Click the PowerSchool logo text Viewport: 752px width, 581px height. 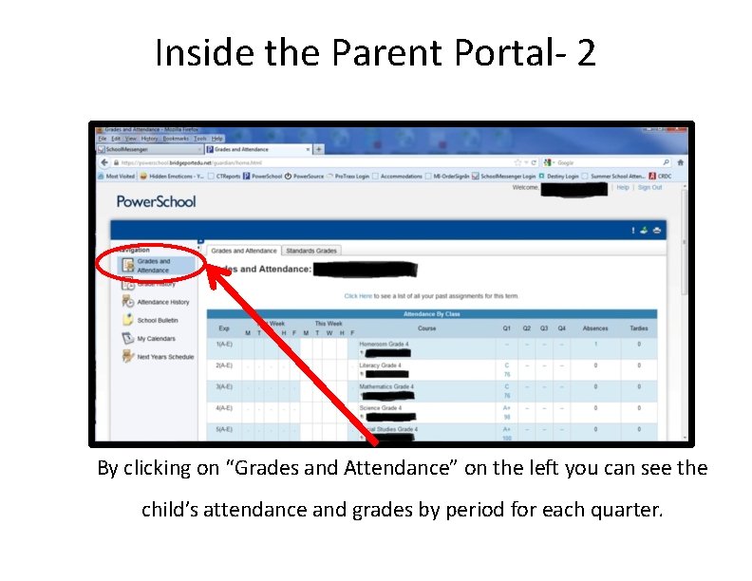156,201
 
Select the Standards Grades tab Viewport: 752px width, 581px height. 311,251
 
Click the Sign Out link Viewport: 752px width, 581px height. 649,188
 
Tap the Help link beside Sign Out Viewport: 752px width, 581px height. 623,188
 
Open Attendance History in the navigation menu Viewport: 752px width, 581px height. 162,302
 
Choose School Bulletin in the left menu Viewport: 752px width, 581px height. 157,320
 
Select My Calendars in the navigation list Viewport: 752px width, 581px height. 156,338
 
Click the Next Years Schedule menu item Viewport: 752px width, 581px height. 164,357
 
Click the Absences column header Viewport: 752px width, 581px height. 594,328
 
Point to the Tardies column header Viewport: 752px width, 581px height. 638,328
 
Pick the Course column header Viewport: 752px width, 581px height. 427,328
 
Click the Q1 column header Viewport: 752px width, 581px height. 507,328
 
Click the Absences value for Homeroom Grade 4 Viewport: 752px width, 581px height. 595,344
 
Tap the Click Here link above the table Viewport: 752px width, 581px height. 358,296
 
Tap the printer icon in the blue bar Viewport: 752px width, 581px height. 657,231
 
